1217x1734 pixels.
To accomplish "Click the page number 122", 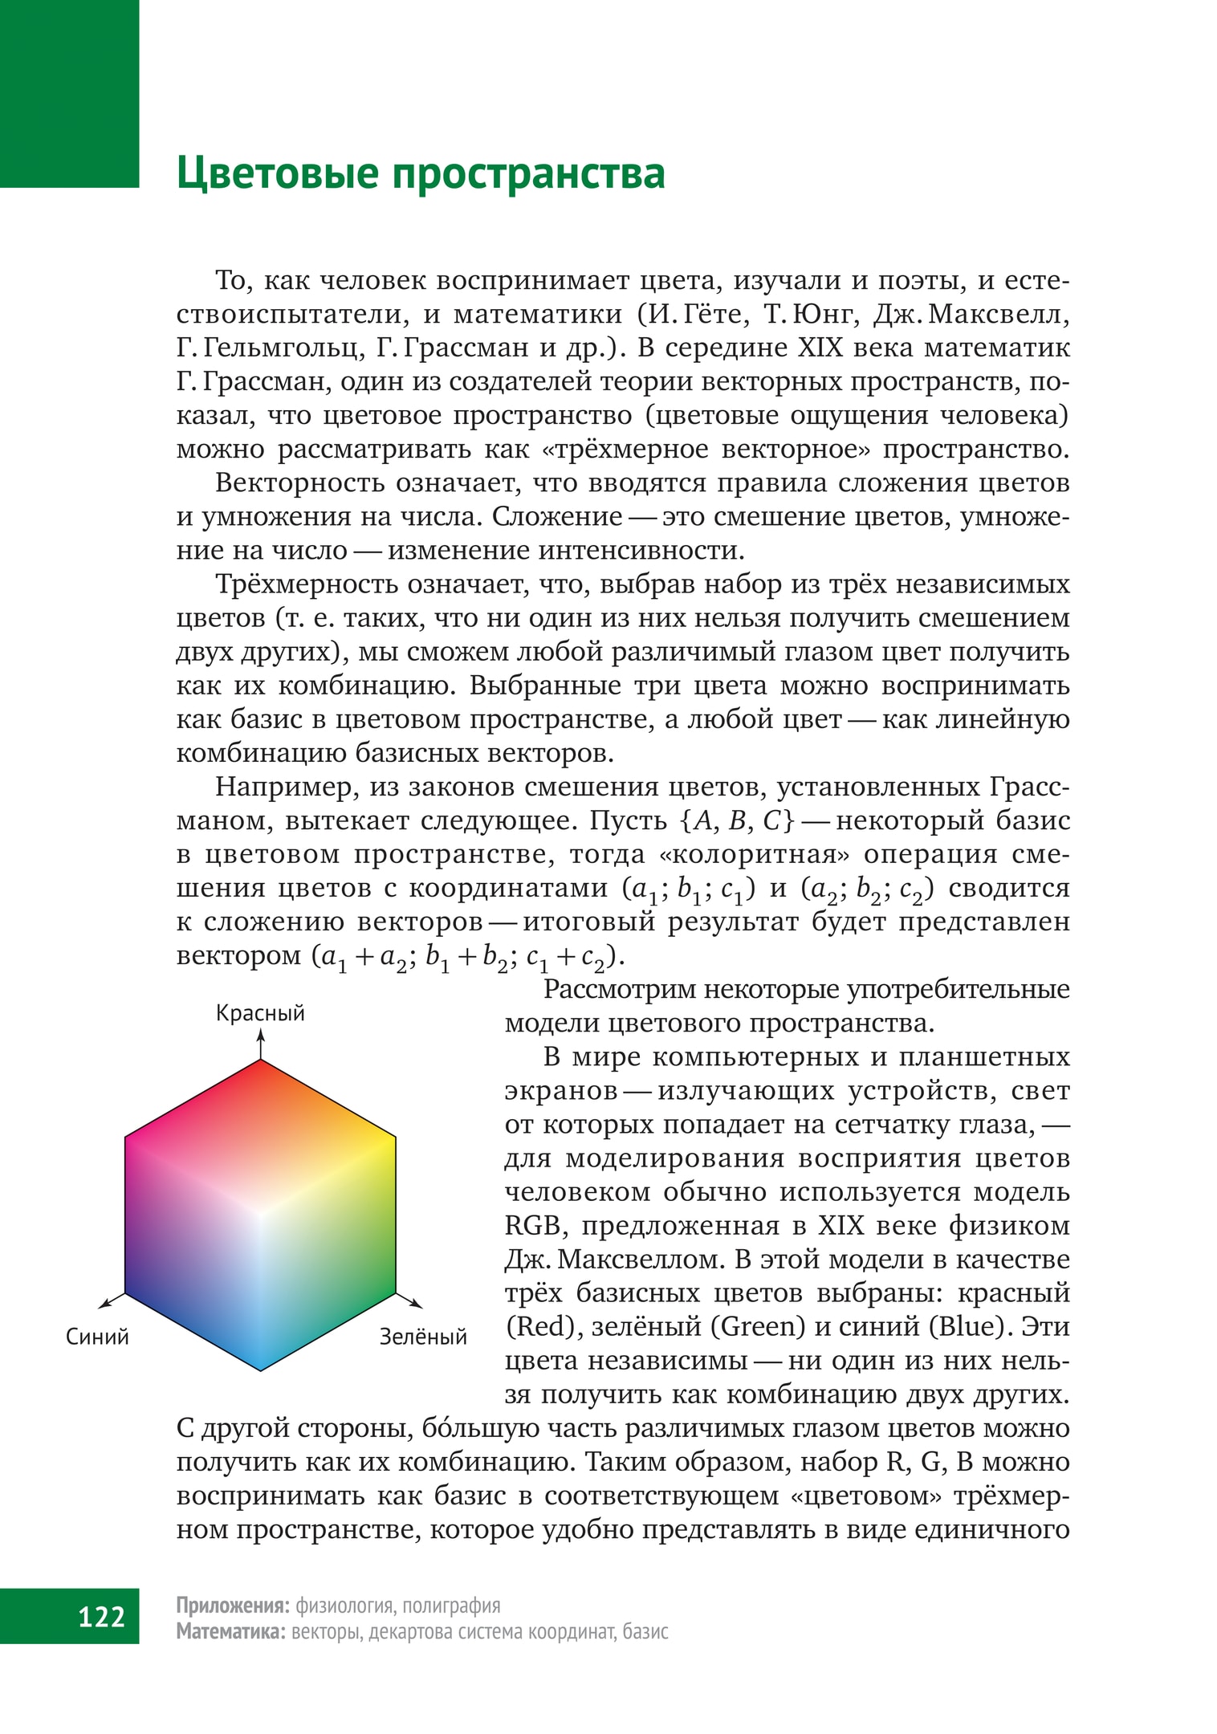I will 102,1615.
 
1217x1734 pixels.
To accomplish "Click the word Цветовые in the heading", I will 277,174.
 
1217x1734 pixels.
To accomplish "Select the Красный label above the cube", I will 260,1013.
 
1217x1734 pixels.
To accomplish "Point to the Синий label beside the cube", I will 97,1337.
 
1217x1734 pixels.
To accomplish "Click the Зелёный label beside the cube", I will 423,1337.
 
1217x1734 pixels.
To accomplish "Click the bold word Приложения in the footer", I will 232,1605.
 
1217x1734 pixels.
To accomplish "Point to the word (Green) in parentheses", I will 758,1326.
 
